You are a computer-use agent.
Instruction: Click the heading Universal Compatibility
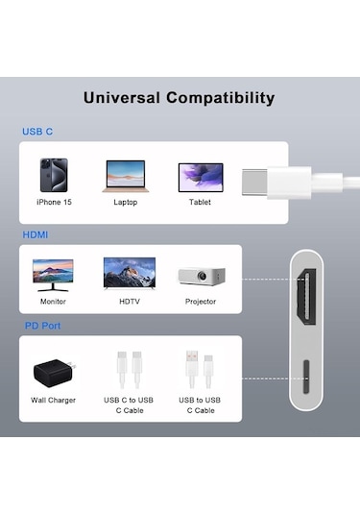click(x=180, y=98)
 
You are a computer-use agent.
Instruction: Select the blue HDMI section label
click(x=36, y=234)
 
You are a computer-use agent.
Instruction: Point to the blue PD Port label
click(x=43, y=326)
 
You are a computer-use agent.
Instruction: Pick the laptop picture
click(x=125, y=176)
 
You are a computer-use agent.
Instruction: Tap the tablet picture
click(x=200, y=177)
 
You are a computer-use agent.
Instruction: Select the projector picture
click(x=200, y=275)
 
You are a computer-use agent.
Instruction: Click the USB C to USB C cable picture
click(x=129, y=368)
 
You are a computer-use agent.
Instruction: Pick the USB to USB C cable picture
click(x=200, y=368)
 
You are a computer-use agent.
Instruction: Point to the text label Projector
click(x=200, y=302)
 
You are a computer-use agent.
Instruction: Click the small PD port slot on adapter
click(x=309, y=379)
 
